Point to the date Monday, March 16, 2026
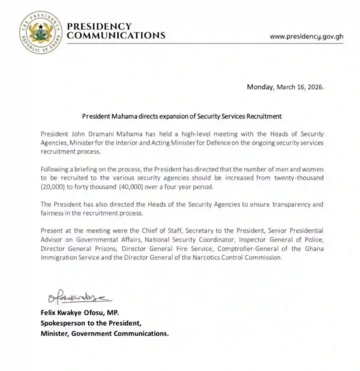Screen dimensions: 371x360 (284, 87)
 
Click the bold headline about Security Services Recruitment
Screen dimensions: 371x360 (182, 116)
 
